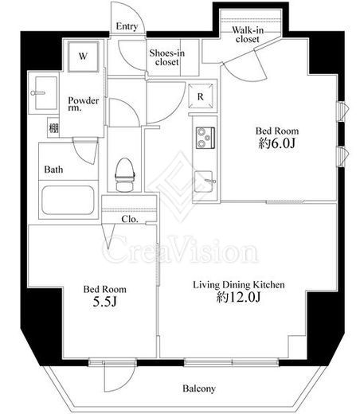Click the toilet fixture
click(124, 174)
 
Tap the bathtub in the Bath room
click(68, 200)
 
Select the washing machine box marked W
click(83, 57)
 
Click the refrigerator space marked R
click(201, 96)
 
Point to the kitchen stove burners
click(205, 138)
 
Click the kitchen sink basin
click(203, 182)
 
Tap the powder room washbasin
click(45, 93)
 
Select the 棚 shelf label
click(53, 128)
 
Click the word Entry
click(127, 26)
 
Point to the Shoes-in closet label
click(166, 57)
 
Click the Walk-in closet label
click(248, 34)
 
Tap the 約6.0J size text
click(276, 143)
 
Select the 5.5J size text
click(105, 302)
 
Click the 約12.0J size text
click(238, 297)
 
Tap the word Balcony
click(199, 389)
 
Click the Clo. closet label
click(130, 219)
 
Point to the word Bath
click(53, 170)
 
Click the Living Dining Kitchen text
click(238, 285)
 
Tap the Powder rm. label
click(84, 104)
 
